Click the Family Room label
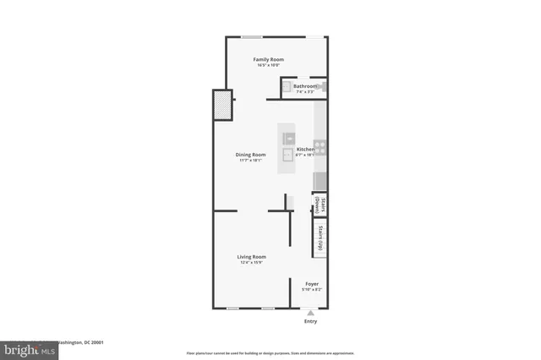pos(270,59)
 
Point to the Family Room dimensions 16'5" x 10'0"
pos(270,66)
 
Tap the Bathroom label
pos(305,86)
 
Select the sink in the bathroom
pos(287,85)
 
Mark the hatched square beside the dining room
pos(221,107)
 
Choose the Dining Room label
pos(250,155)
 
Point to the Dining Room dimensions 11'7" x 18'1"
pos(250,161)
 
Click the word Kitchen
pos(304,150)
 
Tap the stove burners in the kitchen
pos(320,145)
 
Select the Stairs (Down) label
pos(323,206)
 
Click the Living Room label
pos(251,257)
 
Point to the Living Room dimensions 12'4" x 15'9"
pos(251,263)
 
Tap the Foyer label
pos(312,284)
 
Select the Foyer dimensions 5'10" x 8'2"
pos(312,290)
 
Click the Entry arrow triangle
pos(310,312)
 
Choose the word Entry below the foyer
pos(310,321)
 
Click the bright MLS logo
pos(19,347)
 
